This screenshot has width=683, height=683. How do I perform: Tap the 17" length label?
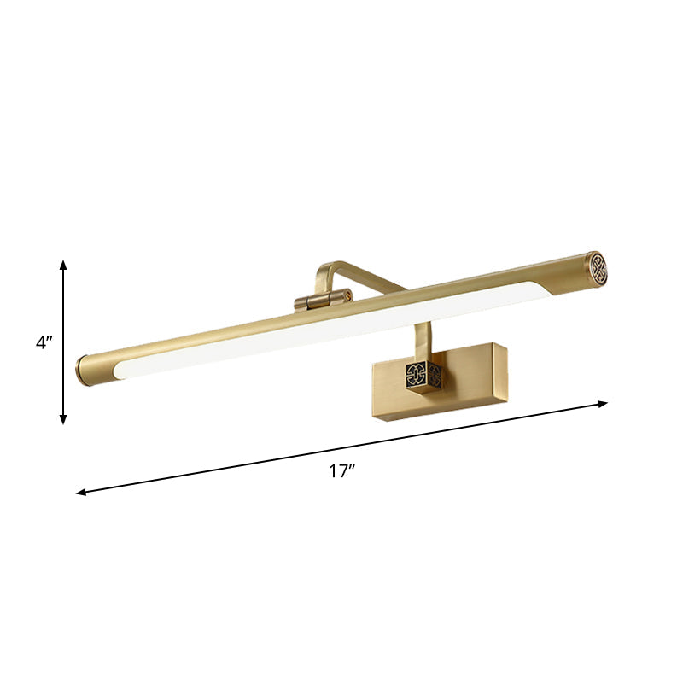point(341,470)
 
